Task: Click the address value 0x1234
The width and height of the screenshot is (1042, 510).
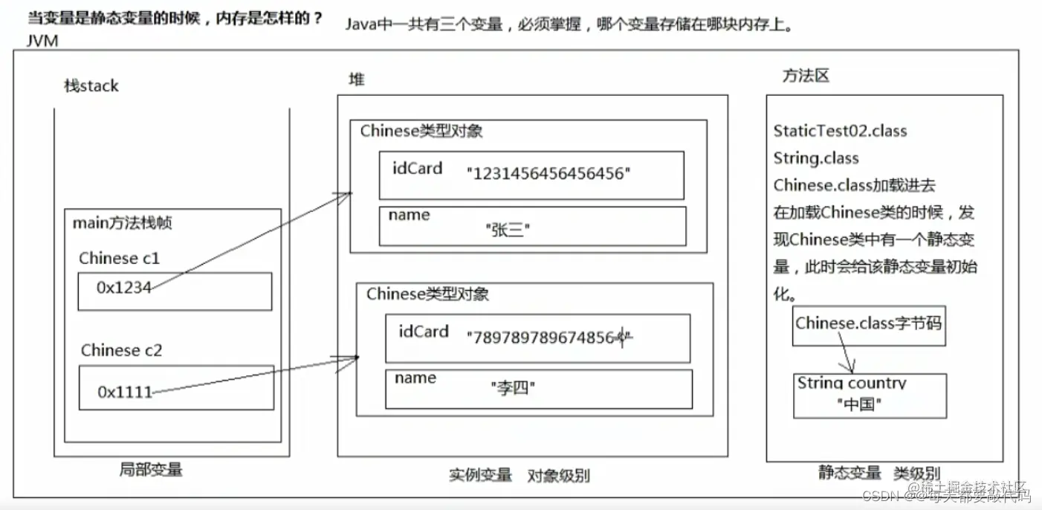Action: [123, 288]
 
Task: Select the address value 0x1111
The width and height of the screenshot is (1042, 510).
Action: [125, 392]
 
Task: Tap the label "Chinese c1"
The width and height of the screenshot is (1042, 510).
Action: [119, 259]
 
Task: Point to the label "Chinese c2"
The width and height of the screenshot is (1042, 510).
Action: [121, 350]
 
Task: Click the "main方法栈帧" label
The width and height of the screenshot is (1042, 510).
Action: [122, 222]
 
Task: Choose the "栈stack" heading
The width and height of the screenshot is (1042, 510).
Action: [91, 85]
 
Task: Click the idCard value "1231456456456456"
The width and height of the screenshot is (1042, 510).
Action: [548, 175]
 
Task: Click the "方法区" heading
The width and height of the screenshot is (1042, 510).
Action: [805, 76]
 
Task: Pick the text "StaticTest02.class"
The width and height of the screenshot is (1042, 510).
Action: [840, 131]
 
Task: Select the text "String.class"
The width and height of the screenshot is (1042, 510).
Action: [815, 158]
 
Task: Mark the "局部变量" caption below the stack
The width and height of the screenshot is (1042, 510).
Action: [151, 470]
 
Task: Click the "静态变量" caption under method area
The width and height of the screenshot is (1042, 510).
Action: [850, 473]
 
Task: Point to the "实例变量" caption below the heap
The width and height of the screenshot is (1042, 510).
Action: [480, 474]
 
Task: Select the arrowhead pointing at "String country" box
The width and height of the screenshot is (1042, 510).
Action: [851, 369]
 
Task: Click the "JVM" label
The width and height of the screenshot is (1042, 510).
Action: [42, 41]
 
